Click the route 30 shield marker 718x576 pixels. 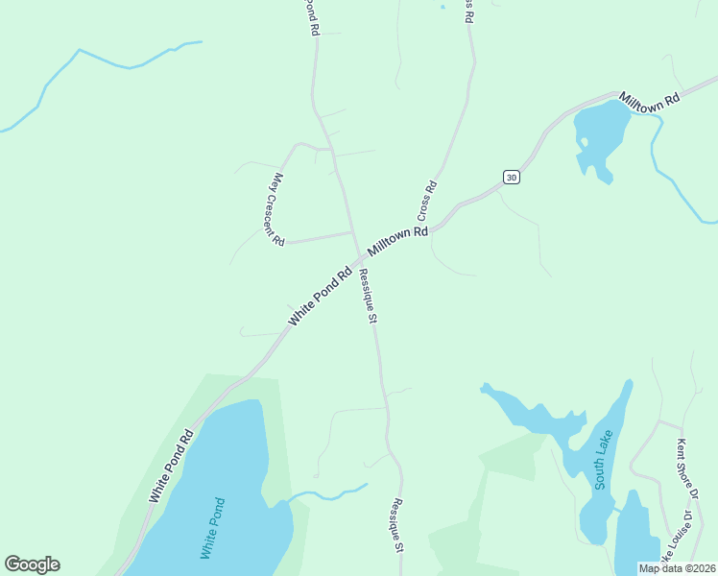tap(512, 177)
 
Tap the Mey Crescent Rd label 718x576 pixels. tap(277, 208)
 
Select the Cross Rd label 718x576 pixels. tap(427, 200)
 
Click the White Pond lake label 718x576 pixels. tap(212, 527)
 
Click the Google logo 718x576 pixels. tap(32, 564)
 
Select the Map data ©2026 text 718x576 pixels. tap(678, 568)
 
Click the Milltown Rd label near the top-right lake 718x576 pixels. tap(649, 99)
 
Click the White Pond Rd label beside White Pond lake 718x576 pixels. tap(172, 467)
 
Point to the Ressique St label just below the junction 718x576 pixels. tap(367, 297)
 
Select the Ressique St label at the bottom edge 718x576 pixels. tap(396, 524)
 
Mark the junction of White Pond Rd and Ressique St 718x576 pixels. tap(360, 260)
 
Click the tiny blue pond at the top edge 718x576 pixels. tap(443, 8)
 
